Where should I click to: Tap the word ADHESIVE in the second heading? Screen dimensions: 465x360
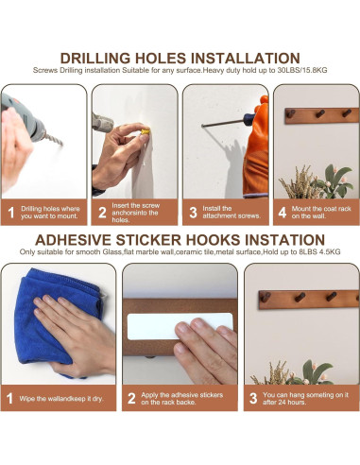pos(79,239)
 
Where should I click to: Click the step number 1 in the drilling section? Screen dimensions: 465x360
pos(10,213)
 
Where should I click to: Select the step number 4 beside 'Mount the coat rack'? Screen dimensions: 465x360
pos(283,213)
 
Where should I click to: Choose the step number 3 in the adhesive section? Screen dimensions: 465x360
pos(252,398)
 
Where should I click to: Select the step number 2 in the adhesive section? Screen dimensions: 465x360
pos(131,398)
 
